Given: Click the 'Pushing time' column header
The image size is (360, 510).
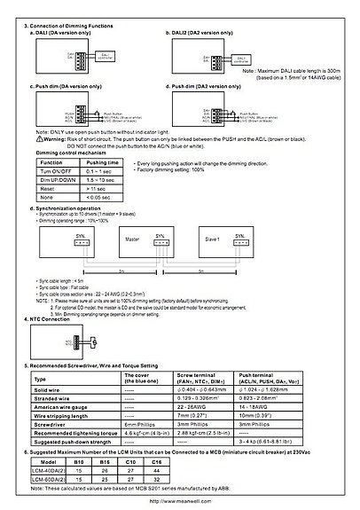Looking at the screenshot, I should point(103,163).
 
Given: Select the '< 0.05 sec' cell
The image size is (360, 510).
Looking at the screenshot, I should point(103,197).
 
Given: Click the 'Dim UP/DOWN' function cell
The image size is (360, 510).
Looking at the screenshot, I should point(58,180).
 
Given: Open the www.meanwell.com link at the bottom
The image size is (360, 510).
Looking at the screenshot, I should point(179,500).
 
